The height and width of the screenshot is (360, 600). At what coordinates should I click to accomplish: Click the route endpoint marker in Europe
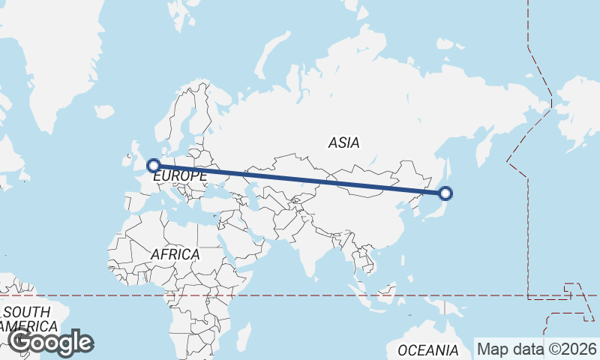[154, 166]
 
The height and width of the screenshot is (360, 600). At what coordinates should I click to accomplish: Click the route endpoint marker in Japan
[445, 193]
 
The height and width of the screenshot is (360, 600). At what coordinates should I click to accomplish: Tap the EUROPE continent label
[180, 176]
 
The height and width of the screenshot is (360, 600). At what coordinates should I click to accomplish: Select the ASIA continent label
[343, 142]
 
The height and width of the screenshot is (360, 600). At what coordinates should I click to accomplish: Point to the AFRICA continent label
[175, 255]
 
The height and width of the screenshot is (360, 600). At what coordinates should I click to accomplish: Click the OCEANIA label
[427, 350]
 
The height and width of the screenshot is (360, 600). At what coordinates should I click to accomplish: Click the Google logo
[50, 343]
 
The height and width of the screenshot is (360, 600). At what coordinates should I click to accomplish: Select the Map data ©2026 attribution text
[537, 349]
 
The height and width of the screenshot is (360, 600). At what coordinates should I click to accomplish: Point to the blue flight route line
[300, 179]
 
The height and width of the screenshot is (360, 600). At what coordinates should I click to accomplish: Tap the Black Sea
[220, 188]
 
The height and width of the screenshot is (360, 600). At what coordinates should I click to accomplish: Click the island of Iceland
[104, 112]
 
